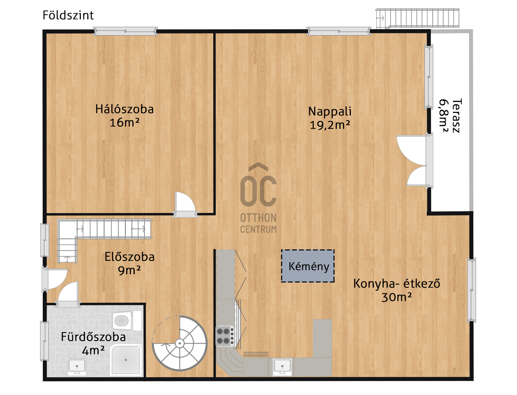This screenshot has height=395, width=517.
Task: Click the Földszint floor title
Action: [x=68, y=15]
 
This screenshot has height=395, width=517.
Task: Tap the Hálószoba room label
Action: [x=125, y=109]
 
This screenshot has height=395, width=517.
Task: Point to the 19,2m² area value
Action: [x=330, y=125]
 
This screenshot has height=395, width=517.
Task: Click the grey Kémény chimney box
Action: [x=308, y=266]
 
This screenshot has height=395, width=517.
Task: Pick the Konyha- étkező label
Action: [x=397, y=283]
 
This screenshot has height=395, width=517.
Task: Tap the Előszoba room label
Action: [x=129, y=257]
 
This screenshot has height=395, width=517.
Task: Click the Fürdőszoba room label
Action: [x=93, y=337]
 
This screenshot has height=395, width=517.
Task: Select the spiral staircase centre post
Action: [x=180, y=343]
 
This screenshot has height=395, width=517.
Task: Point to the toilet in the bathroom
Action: [x=127, y=321]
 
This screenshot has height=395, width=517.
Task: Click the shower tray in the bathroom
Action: [x=126, y=360]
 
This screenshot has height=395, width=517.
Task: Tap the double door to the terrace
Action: [x=414, y=160]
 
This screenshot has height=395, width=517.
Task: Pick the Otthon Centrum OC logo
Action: [x=258, y=198]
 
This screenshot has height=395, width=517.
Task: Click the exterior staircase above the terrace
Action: [x=417, y=18]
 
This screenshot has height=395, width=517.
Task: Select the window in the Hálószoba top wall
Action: [x=125, y=31]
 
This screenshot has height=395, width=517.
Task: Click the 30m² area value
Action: [x=397, y=297]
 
